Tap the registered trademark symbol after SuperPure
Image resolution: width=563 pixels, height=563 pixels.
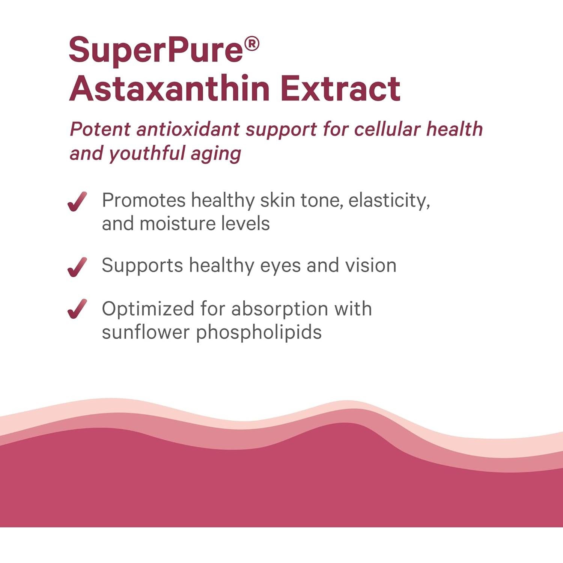[x=251, y=44]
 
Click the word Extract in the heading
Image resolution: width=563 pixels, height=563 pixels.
[x=340, y=89]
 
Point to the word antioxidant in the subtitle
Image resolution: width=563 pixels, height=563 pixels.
[x=188, y=129]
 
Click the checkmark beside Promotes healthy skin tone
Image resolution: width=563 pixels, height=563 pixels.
[x=77, y=202]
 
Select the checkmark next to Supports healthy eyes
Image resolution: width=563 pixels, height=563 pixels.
[x=77, y=267]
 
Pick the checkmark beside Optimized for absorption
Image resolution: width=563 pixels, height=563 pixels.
[x=77, y=309]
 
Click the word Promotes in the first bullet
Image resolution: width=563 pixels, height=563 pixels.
[x=144, y=200]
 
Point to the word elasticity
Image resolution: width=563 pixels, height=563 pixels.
[x=389, y=201]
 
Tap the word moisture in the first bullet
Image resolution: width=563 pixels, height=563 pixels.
[x=177, y=224]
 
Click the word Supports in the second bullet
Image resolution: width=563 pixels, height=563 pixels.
[x=142, y=266]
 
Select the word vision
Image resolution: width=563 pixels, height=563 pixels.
[x=370, y=265]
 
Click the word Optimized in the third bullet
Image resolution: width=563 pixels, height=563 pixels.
[x=148, y=309]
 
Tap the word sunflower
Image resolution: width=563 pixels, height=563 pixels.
[x=146, y=332]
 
